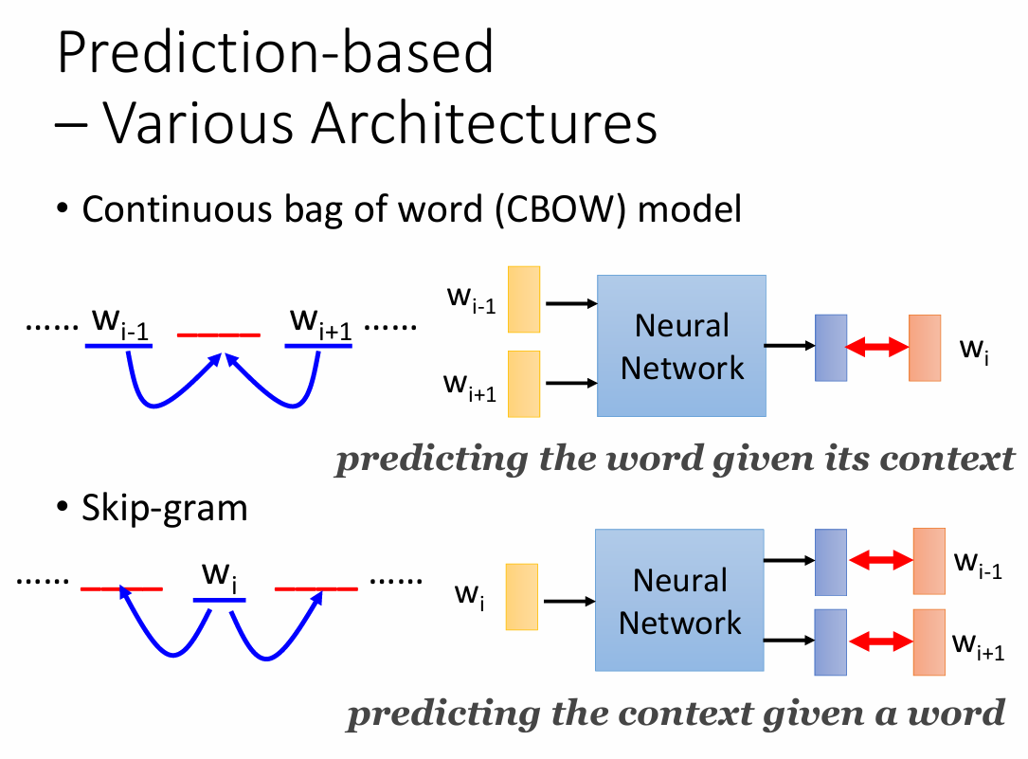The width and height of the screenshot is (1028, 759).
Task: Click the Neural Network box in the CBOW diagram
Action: pos(681,346)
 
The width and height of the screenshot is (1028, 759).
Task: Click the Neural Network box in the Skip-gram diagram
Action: pos(679,601)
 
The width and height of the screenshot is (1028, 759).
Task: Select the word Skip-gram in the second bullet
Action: pos(165,509)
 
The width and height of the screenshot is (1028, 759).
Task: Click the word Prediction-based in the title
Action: pos(276,54)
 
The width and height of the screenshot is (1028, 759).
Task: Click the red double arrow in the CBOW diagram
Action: pos(876,348)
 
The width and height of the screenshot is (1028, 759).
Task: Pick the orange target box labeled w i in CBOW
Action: pos(925,348)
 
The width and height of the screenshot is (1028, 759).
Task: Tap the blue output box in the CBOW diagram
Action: pos(830,348)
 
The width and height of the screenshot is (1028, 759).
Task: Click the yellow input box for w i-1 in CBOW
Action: pos(524,300)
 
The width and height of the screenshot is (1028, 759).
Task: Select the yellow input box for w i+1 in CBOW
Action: pos(524,384)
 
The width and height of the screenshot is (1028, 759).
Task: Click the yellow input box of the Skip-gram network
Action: pos(522,597)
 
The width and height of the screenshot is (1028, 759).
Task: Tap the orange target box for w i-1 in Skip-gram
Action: pos(929,561)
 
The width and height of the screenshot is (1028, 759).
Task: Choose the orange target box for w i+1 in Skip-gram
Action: pos(929,642)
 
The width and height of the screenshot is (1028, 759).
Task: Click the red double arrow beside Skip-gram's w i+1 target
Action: pos(879,642)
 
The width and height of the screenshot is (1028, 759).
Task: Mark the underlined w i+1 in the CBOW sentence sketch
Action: pos(318,327)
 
